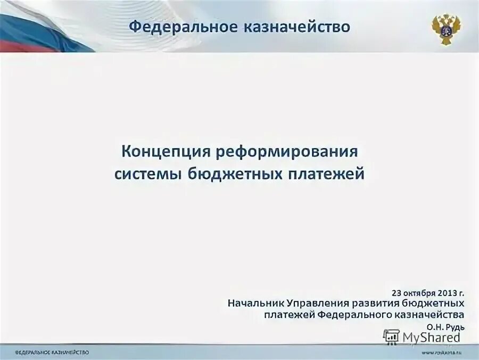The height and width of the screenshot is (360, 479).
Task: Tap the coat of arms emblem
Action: (446, 29)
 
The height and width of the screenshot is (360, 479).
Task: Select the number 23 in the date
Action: (397, 292)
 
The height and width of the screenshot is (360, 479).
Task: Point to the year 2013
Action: (447, 292)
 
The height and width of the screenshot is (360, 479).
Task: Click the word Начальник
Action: (255, 303)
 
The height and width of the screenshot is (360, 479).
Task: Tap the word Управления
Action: (316, 303)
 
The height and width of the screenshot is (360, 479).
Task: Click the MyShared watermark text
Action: (431, 337)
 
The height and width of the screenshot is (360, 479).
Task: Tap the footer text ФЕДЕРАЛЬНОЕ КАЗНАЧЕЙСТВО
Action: (52, 353)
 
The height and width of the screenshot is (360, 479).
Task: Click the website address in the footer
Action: (441, 353)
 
